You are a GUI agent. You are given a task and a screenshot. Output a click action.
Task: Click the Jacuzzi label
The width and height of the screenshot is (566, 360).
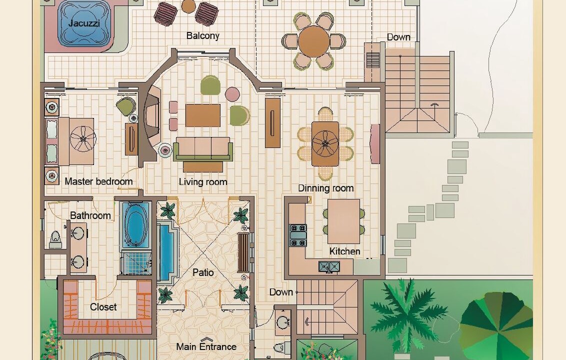point(83,23)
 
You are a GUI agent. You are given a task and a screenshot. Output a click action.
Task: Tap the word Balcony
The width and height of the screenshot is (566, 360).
point(203,35)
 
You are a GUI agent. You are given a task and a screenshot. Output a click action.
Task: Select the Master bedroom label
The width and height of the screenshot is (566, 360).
point(98,181)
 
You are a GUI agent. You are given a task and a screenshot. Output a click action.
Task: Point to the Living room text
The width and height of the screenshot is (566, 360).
point(203,181)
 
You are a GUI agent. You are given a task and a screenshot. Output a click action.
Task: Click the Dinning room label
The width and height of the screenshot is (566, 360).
point(325,188)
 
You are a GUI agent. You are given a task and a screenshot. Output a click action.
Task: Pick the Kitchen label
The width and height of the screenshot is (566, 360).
point(344,251)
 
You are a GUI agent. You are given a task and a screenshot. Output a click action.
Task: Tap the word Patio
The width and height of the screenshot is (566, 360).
point(203,272)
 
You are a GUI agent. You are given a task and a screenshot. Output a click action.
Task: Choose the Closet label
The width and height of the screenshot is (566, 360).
point(103,307)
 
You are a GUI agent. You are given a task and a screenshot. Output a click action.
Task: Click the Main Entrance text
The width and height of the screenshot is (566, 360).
point(206,346)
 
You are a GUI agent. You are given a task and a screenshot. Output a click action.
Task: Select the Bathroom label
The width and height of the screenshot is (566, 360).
point(90,215)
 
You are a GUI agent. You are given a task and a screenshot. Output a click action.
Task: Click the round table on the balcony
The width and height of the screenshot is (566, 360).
point(313,41)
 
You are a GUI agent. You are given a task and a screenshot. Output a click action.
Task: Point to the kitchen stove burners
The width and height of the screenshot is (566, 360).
point(298,235)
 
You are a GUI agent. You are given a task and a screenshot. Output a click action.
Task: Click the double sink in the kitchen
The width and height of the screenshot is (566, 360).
point(329,267)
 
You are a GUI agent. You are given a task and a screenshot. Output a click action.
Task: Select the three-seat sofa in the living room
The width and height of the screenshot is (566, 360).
point(203,149)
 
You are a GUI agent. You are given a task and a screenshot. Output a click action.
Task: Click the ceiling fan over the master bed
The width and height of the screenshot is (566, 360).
point(83,139)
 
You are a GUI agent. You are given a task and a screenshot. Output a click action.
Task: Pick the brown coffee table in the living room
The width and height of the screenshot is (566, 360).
point(203,115)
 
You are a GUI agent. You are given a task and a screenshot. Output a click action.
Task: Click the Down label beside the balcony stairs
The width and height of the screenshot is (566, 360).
point(398,37)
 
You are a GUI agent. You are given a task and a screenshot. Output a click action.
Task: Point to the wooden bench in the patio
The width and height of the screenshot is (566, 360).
point(243,253)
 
